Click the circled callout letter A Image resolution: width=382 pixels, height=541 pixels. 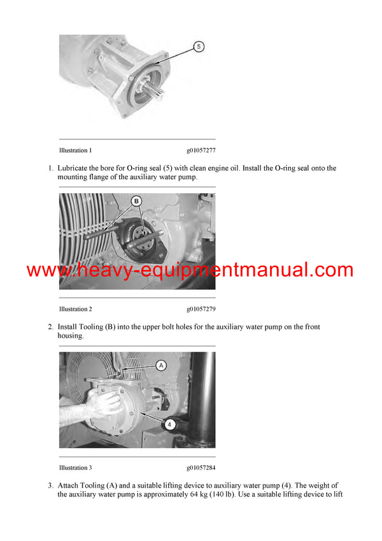[x=161, y=365]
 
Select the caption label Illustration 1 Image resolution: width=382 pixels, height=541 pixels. [x=75, y=151]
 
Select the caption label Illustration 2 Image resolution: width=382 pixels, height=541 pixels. [x=75, y=309]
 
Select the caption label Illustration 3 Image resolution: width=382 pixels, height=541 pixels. [x=75, y=468]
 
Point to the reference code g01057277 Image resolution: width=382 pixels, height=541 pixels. [x=201, y=151]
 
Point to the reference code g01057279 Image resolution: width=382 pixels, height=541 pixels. [x=201, y=309]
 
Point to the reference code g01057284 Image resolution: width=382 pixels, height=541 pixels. [x=201, y=468]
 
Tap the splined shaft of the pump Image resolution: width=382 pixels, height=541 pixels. [x=157, y=87]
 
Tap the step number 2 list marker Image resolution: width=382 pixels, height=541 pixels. [x=50, y=327]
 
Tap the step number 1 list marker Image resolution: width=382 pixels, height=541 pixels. [x=50, y=168]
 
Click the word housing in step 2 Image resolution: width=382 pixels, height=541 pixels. [x=69, y=336]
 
